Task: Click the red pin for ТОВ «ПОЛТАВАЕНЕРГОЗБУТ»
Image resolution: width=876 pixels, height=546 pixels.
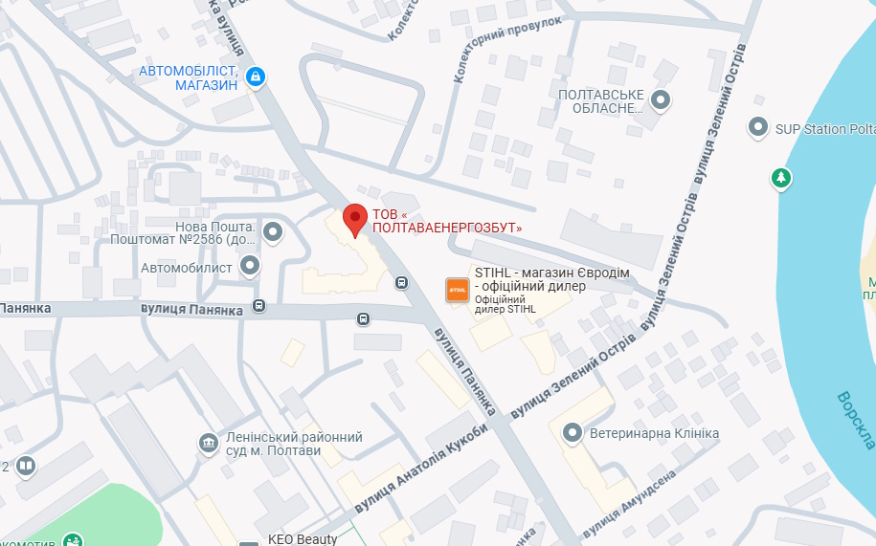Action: [x=355, y=219]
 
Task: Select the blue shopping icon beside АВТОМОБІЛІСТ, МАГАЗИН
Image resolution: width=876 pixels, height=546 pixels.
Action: [x=255, y=77]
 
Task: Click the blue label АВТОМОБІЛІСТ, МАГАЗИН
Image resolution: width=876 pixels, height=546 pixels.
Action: [x=189, y=77]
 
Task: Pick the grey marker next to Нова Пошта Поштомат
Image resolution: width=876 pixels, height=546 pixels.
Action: [x=274, y=231]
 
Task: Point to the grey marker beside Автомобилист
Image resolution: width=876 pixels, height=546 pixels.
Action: [x=251, y=266]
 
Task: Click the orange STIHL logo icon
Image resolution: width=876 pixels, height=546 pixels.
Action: [x=458, y=290]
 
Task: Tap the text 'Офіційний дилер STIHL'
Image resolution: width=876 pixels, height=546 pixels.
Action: [x=505, y=304]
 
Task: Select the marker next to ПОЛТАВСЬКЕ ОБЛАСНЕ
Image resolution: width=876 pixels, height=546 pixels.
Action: [x=661, y=99]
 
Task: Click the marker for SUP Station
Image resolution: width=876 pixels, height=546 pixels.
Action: [x=758, y=127]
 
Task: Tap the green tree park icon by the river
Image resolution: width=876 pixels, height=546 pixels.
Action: [x=782, y=178]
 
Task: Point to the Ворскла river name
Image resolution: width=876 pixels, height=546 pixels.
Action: [x=855, y=419]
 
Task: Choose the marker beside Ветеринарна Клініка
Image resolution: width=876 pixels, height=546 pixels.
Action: [x=573, y=433]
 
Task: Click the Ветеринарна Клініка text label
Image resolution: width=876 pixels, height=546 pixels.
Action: [x=654, y=434]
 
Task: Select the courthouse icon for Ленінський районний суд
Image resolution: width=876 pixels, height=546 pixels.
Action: [x=208, y=443]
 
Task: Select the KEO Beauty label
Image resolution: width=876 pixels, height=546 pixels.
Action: [x=302, y=539]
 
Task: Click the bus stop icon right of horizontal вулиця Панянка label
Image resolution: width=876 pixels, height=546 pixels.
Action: [x=259, y=306]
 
